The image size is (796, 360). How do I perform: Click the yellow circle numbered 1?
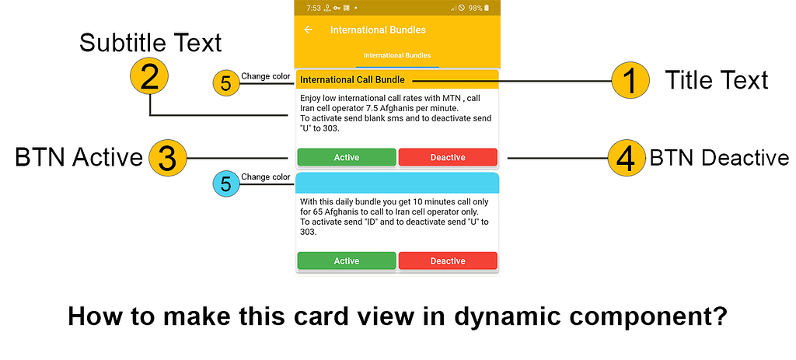(630, 81)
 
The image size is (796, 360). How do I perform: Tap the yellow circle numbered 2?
(150, 77)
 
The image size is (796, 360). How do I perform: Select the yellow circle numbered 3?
(166, 158)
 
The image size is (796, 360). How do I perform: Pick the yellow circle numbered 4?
(627, 159)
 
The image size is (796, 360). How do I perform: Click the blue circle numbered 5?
(225, 184)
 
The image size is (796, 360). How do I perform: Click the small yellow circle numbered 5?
(225, 83)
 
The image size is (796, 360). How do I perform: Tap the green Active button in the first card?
(347, 157)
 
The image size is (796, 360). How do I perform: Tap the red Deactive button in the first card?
(448, 157)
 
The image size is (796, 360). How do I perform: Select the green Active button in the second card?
(347, 260)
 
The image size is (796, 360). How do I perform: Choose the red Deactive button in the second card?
(448, 260)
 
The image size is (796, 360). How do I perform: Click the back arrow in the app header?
(309, 30)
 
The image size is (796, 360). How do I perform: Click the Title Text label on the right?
(716, 79)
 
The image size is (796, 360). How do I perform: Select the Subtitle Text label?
(151, 43)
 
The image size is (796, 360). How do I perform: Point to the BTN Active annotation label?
(79, 158)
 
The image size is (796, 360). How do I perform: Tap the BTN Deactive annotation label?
(718, 158)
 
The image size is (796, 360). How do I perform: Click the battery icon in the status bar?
(487, 8)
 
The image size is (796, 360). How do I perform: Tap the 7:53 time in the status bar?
(313, 8)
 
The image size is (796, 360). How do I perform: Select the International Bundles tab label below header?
(397, 56)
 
